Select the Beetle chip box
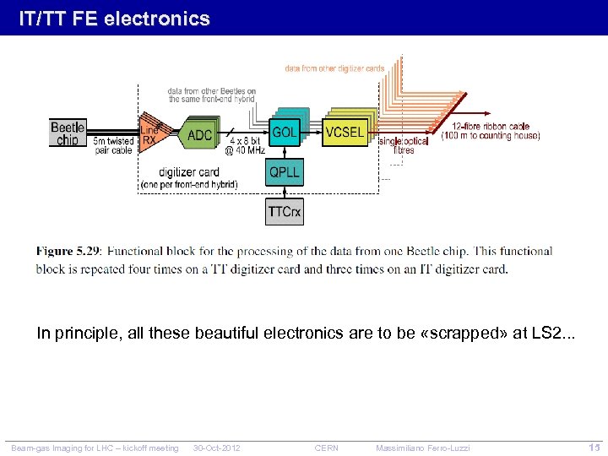[68, 133]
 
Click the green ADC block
[199, 135]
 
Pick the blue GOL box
[285, 133]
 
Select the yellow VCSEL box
[345, 133]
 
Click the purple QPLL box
[285, 172]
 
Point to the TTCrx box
[285, 211]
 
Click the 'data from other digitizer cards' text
[334, 68]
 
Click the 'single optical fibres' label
[404, 145]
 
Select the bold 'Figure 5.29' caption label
[68, 252]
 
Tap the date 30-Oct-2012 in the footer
[217, 448]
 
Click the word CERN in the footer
[326, 448]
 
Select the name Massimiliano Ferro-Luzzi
[423, 448]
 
